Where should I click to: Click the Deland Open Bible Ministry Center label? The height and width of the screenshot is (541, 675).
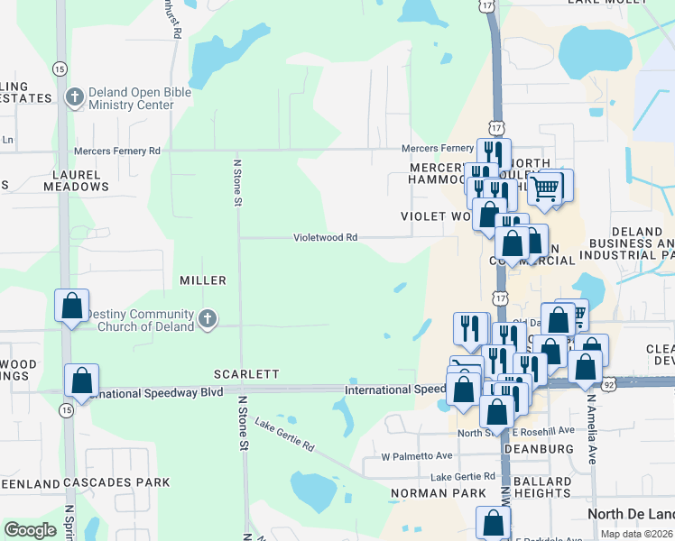click(x=131, y=98)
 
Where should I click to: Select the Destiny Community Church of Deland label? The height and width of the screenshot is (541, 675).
click(x=134, y=320)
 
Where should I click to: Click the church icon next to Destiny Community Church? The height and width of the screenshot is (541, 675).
click(x=208, y=318)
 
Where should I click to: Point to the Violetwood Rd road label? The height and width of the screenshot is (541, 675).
click(x=326, y=238)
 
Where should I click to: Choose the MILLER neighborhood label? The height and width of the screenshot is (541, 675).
click(x=202, y=280)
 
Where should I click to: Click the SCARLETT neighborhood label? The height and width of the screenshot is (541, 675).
click(x=246, y=373)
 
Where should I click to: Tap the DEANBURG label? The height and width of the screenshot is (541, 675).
click(x=540, y=448)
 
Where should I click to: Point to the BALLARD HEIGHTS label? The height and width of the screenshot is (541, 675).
click(x=543, y=487)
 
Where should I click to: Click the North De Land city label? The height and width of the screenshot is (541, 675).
click(x=630, y=514)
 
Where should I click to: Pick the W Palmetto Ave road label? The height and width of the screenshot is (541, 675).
click(x=416, y=456)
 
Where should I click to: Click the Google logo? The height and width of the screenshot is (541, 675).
click(x=31, y=530)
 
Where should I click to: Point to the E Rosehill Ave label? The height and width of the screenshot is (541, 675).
click(x=545, y=431)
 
